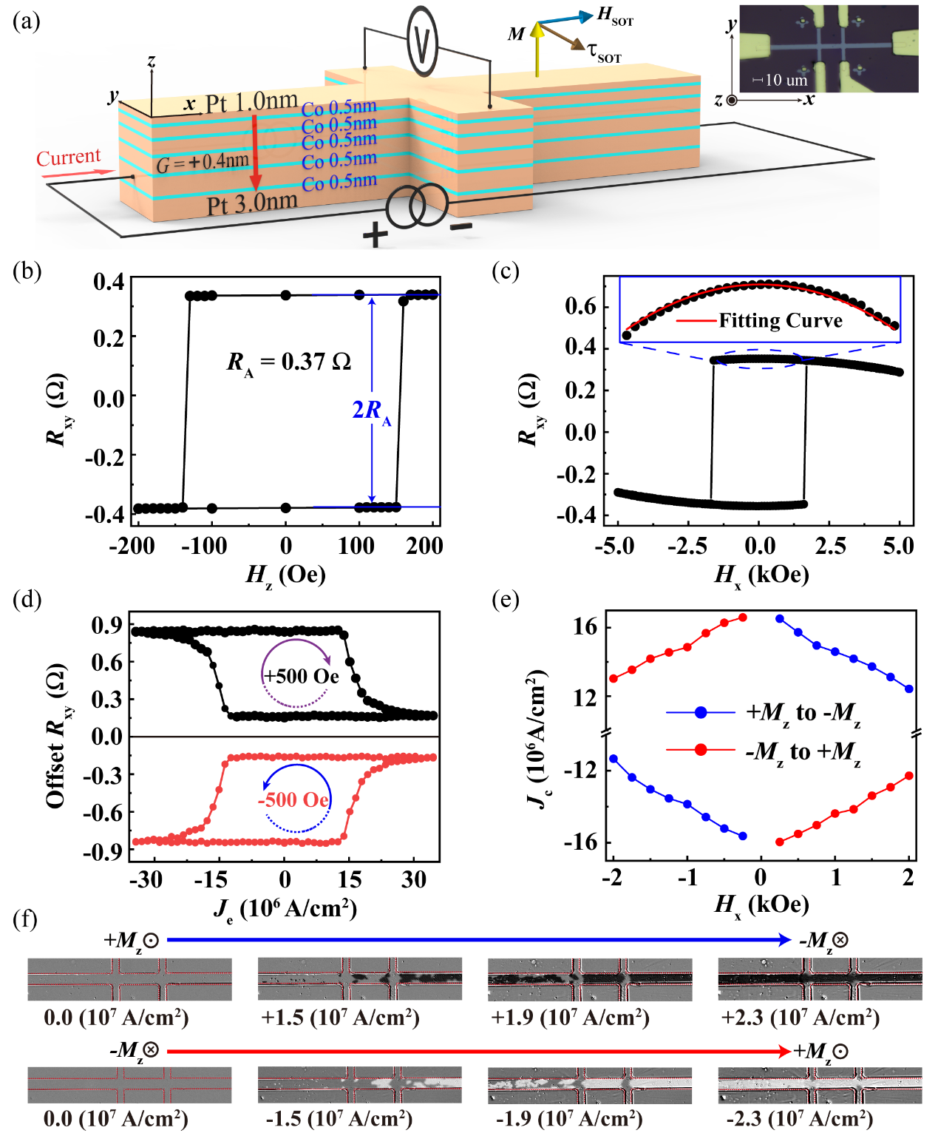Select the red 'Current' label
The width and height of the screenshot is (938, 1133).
68,158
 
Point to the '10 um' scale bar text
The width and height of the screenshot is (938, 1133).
786,80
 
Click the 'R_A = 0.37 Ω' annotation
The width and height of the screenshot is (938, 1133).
288,362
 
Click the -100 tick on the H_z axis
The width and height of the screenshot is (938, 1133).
204,546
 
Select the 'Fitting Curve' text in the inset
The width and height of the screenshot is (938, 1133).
781,321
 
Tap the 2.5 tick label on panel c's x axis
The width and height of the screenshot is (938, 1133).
830,546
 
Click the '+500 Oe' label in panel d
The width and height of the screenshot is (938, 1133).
302,676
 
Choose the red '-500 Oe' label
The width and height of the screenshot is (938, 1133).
293,799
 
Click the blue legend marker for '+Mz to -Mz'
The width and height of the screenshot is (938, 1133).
701,712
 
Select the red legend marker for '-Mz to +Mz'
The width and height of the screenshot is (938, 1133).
701,751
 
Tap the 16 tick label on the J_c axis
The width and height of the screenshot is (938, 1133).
585,627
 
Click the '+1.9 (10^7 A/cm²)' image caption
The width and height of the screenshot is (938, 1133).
570,1018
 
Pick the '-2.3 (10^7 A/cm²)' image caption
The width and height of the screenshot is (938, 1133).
799,1117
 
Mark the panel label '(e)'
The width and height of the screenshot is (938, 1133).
506,600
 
